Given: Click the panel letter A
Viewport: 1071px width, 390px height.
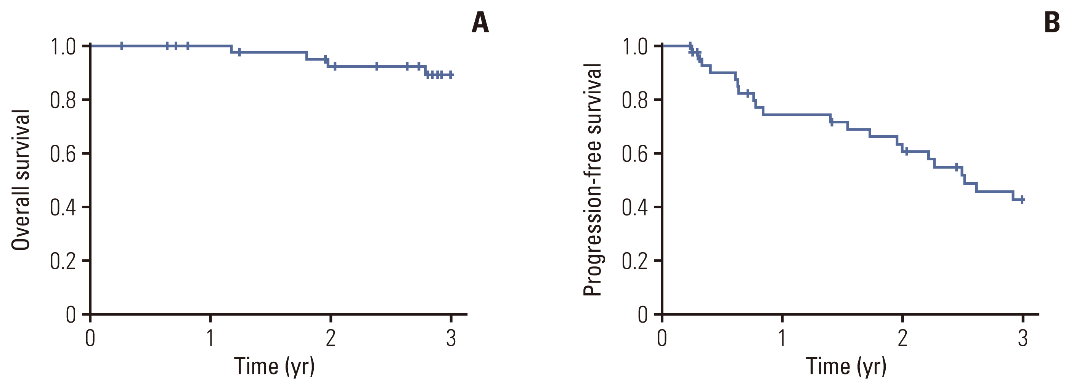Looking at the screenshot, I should click(480, 22).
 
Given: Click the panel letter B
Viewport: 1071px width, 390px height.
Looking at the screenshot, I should click(1052, 22).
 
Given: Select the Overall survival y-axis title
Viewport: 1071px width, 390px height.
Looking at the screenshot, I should click(21, 180).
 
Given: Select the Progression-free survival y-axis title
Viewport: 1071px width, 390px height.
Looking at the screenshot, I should click(593, 180).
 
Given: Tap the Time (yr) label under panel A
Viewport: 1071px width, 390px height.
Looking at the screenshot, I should click(275, 366).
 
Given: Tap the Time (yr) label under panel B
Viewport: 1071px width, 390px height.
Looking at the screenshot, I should click(846, 366).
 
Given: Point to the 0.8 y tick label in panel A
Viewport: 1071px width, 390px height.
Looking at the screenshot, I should click(63, 100).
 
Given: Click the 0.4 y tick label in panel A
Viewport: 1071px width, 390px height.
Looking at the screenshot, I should click(63, 207).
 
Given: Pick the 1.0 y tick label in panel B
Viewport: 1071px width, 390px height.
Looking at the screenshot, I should click(634, 46).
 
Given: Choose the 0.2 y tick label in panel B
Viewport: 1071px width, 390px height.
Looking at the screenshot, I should click(634, 261).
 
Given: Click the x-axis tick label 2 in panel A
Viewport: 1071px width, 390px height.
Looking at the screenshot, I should click(331, 338).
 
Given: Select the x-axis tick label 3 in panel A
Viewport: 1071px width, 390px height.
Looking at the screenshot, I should click(451, 338).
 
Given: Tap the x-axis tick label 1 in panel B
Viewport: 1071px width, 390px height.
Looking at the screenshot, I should click(782, 338).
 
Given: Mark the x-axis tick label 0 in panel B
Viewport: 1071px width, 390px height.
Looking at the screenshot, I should click(662, 338).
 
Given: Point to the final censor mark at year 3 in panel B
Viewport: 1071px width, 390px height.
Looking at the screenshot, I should click(1022, 199).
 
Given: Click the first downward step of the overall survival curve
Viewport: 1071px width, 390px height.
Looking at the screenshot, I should click(231, 49).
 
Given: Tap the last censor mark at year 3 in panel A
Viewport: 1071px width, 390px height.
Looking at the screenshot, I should click(451, 75).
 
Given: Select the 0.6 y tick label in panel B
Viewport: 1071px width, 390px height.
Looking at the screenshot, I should click(634, 153).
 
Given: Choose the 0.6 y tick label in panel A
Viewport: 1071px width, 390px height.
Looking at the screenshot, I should click(63, 153).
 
